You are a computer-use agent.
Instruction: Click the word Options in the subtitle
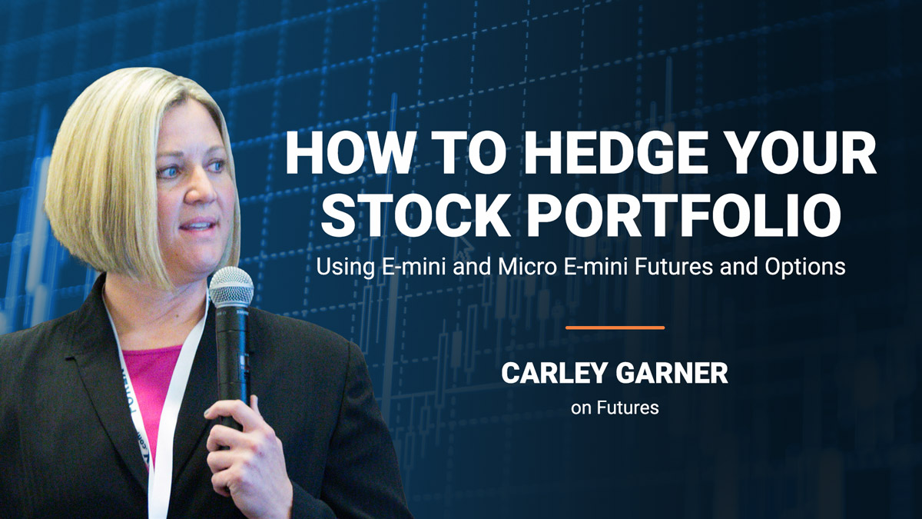(805, 268)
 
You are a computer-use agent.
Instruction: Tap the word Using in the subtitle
(345, 268)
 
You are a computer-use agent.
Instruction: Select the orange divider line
(615, 328)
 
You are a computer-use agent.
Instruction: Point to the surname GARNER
(672, 373)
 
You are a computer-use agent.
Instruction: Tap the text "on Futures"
(615, 408)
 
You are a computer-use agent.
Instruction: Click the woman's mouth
(198, 225)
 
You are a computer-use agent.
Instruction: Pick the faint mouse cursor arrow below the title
(463, 247)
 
